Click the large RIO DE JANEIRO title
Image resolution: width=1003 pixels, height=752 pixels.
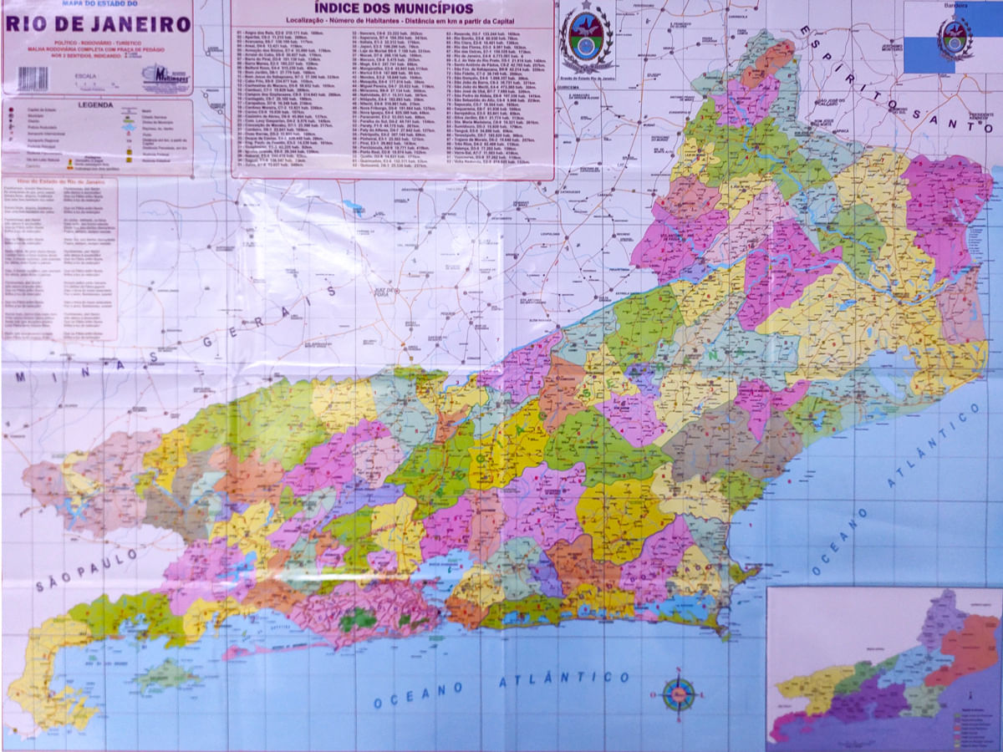pyautogui.click(x=99, y=24)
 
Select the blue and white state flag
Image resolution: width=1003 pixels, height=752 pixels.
pyautogui.click(x=952, y=38)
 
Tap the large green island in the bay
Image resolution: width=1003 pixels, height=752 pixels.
pyautogui.click(x=167, y=674)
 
